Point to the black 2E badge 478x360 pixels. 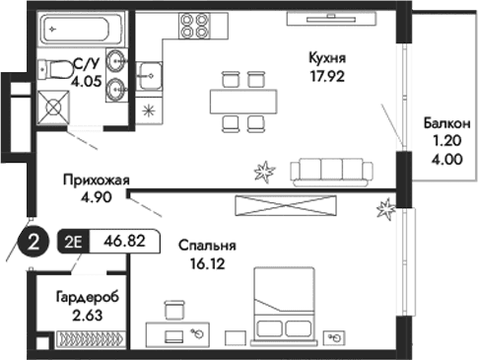74,239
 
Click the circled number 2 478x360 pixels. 33,240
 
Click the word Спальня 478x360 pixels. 205,246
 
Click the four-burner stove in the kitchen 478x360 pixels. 193,27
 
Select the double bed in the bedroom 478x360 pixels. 287,306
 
